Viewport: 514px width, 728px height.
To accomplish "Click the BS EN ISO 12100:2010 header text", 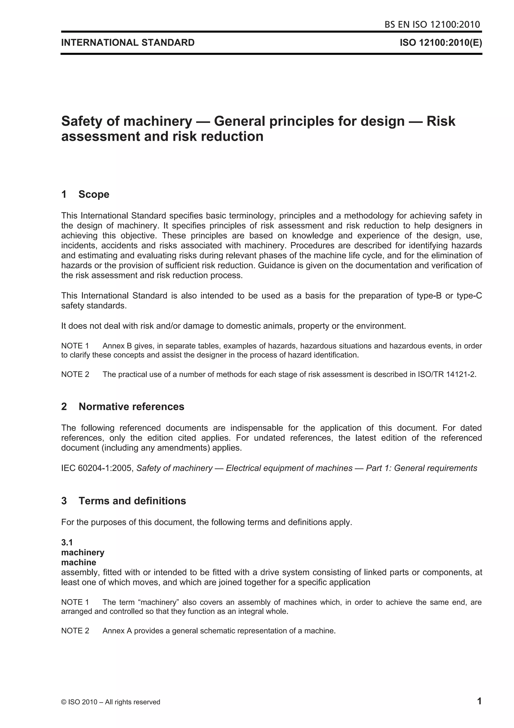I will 432,24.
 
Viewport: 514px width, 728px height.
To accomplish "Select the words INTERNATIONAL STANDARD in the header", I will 128,42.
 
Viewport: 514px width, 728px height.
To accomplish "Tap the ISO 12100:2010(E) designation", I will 440,42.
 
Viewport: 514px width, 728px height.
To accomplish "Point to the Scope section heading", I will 94,194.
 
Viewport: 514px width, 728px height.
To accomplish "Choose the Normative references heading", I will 132,407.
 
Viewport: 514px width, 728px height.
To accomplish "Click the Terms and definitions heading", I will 132,501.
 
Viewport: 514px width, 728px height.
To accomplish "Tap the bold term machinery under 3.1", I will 83,552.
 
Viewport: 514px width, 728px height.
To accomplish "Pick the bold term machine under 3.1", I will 79,562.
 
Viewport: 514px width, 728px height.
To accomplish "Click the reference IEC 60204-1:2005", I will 97,468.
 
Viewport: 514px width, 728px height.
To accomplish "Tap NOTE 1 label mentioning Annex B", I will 75,346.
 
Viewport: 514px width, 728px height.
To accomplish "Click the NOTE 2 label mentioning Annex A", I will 75,631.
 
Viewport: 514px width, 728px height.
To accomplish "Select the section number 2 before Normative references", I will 64,407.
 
